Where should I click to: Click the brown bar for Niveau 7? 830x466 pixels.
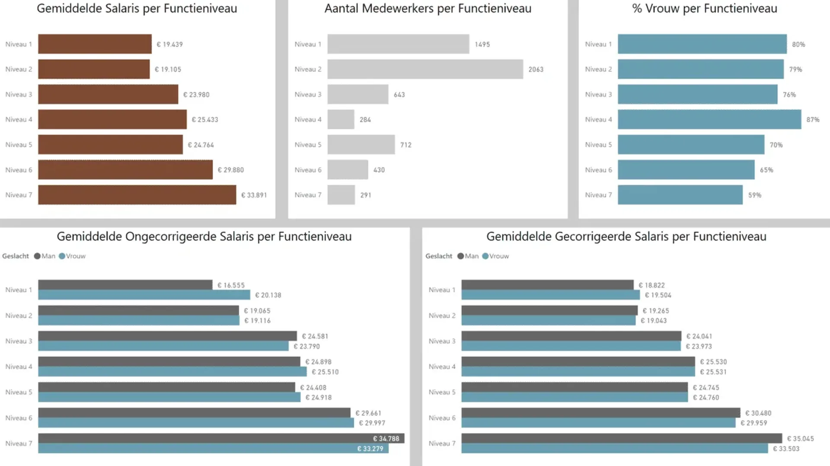[x=137, y=195]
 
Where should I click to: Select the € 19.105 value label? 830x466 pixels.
[x=168, y=69]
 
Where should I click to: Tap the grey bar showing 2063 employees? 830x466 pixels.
[x=425, y=69]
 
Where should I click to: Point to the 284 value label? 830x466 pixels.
[x=365, y=120]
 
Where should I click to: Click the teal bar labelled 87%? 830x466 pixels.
[x=709, y=119]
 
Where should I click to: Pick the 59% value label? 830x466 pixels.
[x=754, y=195]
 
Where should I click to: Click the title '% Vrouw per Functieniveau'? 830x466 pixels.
[x=704, y=9]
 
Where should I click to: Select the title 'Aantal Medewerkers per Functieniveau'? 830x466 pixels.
[x=428, y=9]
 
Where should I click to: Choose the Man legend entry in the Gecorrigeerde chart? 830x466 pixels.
[x=468, y=256]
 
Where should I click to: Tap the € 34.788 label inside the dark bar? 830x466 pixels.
[x=386, y=438]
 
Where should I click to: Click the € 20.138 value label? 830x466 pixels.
[x=268, y=295]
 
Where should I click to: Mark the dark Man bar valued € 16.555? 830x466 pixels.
[x=125, y=284]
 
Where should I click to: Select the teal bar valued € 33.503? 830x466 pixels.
[x=614, y=449]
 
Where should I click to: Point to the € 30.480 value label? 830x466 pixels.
[x=758, y=413]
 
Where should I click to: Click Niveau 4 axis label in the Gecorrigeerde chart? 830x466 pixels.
[x=442, y=367]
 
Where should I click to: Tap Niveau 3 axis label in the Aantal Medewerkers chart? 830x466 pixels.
[x=308, y=95]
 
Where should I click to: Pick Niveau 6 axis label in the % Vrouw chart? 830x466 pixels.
[x=598, y=170]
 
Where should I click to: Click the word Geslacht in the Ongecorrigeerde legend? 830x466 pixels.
[x=16, y=256]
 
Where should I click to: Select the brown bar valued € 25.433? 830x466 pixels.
[x=112, y=119]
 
